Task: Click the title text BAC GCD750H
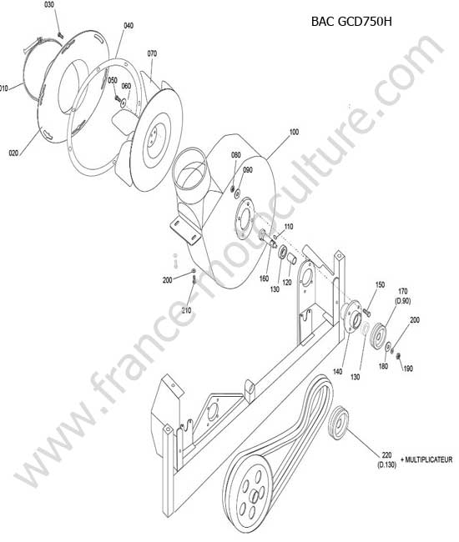pos(351,22)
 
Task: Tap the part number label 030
pos(49,5)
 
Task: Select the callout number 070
pos(152,53)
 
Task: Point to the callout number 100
pos(294,132)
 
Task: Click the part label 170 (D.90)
pos(403,296)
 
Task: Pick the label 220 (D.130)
pos(386,460)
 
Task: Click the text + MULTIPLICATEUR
pos(426,459)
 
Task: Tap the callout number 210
pos(186,310)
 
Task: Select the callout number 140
pos(337,371)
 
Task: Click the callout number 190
pos(408,369)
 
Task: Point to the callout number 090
pos(248,170)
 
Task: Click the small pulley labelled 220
pos(338,421)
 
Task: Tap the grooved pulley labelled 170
pos(378,334)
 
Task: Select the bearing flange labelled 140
pos(351,316)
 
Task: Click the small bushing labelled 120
pos(292,258)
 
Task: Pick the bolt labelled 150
pos(367,313)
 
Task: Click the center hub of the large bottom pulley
pos(255,496)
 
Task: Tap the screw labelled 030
pos(60,34)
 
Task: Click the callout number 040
pos(129,25)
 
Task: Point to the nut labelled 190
pos(398,355)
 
